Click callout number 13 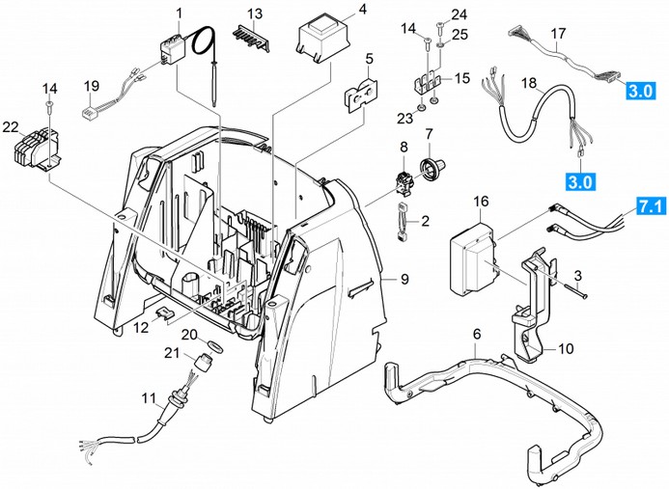[x=255, y=13]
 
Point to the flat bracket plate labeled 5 [x=362, y=96]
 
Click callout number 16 [x=482, y=203]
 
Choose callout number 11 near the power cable [x=148, y=398]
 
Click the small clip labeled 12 [x=165, y=312]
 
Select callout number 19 [x=92, y=86]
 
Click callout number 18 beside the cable [x=528, y=85]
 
